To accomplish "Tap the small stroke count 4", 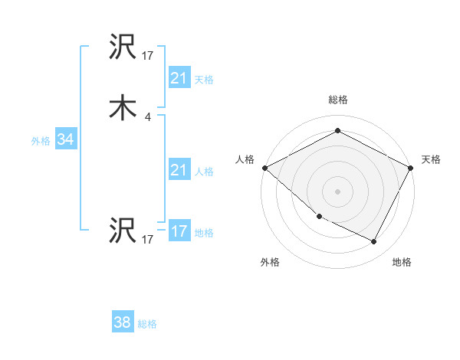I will [x=147, y=117].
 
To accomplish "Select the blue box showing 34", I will [x=65, y=140].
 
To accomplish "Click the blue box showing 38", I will [x=123, y=323].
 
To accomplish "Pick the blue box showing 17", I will [x=179, y=231].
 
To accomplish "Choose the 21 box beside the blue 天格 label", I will [x=179, y=78].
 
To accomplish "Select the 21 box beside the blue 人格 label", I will [x=179, y=170].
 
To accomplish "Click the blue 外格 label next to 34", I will [x=41, y=141].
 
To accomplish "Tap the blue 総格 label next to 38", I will [x=147, y=324].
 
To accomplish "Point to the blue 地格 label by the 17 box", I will [x=204, y=232].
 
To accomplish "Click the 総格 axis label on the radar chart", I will [x=337, y=100].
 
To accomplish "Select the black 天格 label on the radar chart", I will [x=431, y=159].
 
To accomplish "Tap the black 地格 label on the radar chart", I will [x=402, y=263].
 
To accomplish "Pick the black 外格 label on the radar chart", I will [x=270, y=263].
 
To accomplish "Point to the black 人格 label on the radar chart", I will [x=245, y=159].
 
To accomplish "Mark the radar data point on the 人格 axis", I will [x=264, y=167].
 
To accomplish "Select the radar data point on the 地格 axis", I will [x=374, y=242].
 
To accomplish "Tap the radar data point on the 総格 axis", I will [x=337, y=131].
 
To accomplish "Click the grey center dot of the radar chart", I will [x=337, y=191].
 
